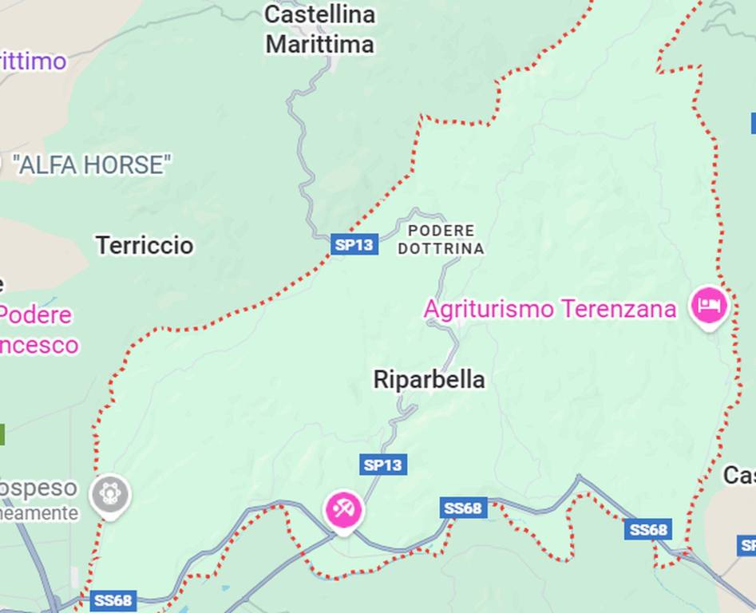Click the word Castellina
[319, 14]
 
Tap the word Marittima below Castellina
[319, 45]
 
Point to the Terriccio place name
[144, 245]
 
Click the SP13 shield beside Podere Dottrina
[354, 244]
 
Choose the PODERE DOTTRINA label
[441, 239]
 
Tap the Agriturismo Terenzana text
[550, 309]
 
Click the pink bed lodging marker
[708, 305]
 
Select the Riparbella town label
[429, 380]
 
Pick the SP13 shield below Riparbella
[383, 465]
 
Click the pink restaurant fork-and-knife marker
[344, 508]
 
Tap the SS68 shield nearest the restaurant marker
[463, 508]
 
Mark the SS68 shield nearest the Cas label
[648, 529]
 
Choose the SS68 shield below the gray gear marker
[113, 600]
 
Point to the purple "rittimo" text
[33, 61]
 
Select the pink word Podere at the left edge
[35, 315]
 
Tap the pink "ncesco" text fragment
[39, 345]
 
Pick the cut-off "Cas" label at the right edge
[738, 476]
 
